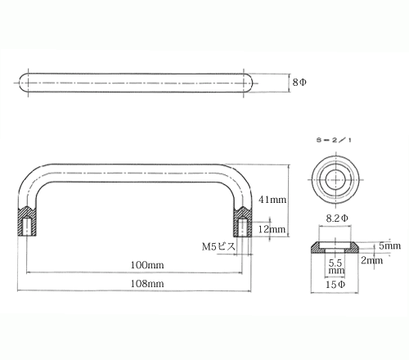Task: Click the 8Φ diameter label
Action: tap(299, 82)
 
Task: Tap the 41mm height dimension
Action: tap(272, 200)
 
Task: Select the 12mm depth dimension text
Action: tap(272, 229)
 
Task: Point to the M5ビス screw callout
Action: tap(218, 246)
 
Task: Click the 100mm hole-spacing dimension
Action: tap(147, 265)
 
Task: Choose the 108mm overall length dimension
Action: tap(147, 284)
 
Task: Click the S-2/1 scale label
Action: tap(334, 140)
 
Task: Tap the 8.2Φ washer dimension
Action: tap(337, 218)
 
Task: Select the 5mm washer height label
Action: tap(390, 245)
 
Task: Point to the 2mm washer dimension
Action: tap(372, 260)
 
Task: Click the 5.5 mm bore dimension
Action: tap(335, 267)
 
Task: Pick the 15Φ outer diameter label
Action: tap(335, 285)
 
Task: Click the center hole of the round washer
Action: tap(335, 180)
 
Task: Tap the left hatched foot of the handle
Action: tap(27, 221)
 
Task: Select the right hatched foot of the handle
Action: tap(242, 222)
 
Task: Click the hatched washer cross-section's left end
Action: tap(317, 248)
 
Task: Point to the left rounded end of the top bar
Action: tap(24, 83)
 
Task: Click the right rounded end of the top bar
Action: tap(248, 83)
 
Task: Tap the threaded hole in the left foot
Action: tap(27, 226)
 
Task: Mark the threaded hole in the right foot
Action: tap(242, 227)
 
